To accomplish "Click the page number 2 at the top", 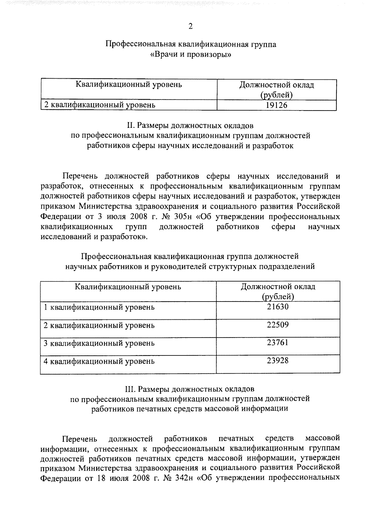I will (190, 26).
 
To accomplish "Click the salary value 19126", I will (277, 105).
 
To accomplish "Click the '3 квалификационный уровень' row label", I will (99, 343).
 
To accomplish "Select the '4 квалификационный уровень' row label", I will (99, 361).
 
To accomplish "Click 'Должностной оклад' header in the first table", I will (277, 85).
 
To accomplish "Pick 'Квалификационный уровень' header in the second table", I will (128, 287).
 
